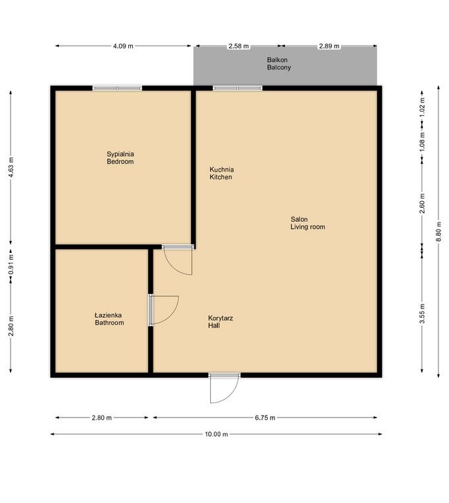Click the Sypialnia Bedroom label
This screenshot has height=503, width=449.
coord(120,158)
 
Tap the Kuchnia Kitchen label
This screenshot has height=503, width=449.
coord(221,173)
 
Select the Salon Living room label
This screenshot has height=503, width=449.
coord(307,223)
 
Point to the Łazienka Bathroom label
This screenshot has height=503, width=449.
coord(109,319)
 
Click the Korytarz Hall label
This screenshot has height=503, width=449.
coord(220,322)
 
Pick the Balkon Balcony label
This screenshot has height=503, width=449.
coord(278,64)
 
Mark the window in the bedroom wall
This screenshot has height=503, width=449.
coord(117,87)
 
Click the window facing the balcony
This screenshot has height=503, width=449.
coord(237,87)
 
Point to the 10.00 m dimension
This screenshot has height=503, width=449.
coord(216,434)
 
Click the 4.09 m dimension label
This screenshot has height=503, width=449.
coord(123,46)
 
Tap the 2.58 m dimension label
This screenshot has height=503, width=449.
coord(238,46)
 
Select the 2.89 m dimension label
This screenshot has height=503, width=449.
coord(329,46)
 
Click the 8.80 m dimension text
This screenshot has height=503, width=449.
coord(437,231)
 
